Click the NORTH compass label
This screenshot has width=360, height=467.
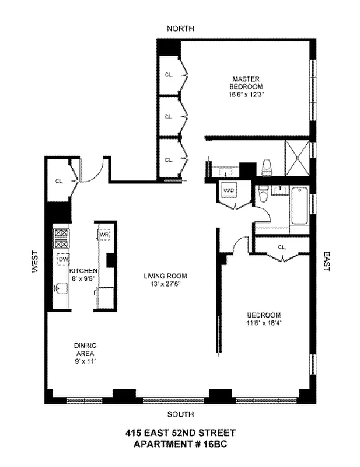180,29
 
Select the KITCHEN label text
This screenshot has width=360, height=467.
83,271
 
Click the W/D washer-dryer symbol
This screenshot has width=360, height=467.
229,190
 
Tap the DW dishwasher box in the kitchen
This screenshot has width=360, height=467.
61,258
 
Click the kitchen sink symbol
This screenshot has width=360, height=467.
61,288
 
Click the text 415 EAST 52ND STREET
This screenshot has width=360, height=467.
180,433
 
